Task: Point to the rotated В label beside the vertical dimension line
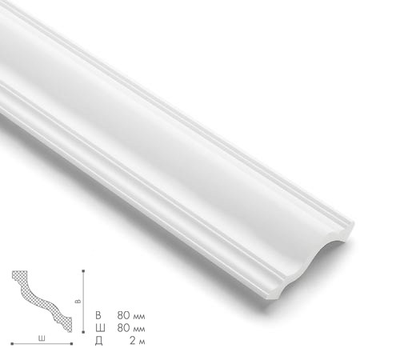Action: (78, 302)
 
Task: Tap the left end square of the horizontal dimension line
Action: (10, 344)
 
